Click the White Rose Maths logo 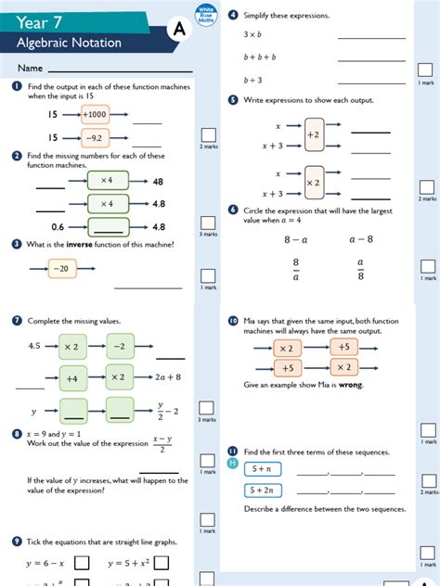point(205,13)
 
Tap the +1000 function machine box point(95,114)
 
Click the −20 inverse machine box point(62,269)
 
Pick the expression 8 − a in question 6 point(295,239)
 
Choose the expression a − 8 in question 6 point(360,239)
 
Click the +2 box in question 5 point(313,134)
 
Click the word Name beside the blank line point(31,69)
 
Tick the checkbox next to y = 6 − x point(82,563)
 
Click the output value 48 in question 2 point(158,182)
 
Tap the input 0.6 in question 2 point(58,226)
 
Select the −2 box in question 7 point(120,346)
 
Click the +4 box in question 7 point(71,378)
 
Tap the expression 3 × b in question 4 point(252,34)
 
